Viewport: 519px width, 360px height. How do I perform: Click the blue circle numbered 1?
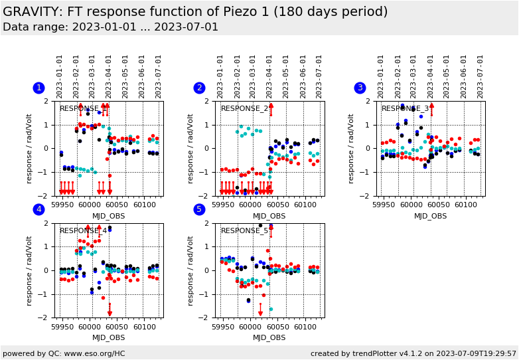point(38,88)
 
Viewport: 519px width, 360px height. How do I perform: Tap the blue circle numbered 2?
point(199,88)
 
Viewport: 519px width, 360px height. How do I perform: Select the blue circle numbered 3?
point(360,88)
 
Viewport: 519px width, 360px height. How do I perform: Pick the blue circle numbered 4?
point(38,209)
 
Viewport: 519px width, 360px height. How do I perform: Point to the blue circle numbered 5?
point(199,209)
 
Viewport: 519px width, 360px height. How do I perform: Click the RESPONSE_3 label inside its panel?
point(405,108)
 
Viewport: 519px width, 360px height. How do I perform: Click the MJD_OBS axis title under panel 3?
point(430,216)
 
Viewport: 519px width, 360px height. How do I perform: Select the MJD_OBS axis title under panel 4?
point(108,338)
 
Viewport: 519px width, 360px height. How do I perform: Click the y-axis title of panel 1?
point(29,148)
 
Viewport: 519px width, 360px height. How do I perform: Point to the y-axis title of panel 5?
point(190,270)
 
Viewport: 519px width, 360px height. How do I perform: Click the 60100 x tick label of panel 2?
point(305,205)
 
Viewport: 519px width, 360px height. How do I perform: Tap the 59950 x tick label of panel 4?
point(62,327)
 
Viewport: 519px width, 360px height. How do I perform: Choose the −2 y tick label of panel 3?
point(370,195)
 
